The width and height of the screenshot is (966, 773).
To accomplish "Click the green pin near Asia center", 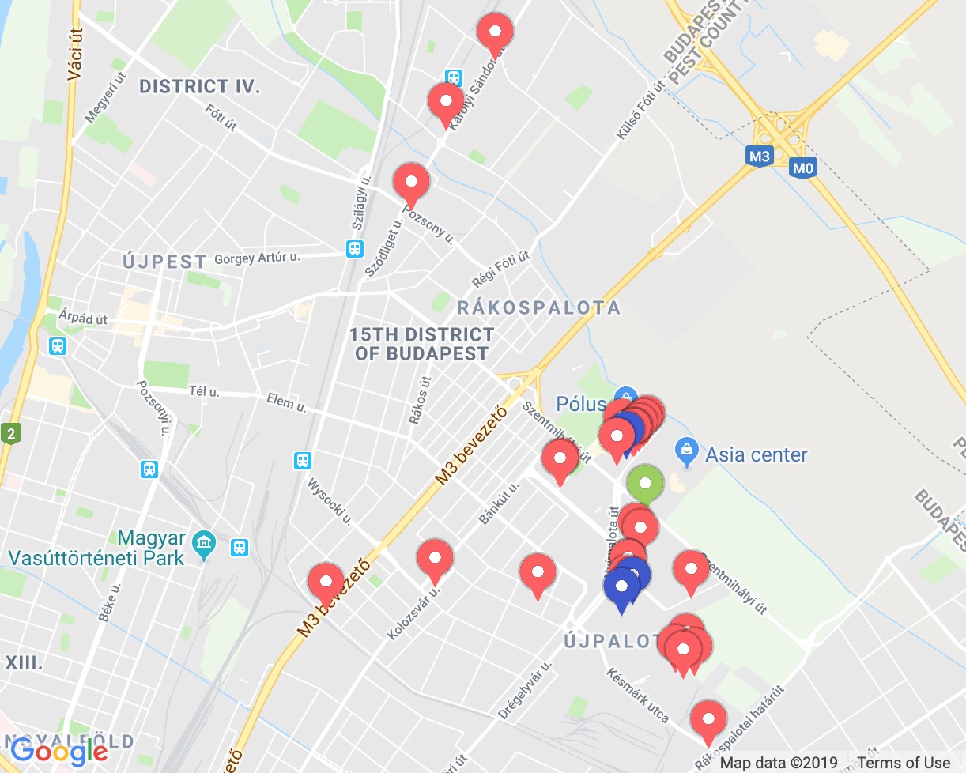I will click(x=645, y=483).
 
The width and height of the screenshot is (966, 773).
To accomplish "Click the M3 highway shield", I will click(x=759, y=156).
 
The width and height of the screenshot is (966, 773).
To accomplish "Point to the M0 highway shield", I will click(x=802, y=168).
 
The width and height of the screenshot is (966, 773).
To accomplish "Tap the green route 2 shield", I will click(x=11, y=433).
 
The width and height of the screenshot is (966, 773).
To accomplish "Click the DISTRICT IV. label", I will click(x=199, y=87).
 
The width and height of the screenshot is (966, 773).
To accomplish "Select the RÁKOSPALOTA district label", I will click(x=538, y=307).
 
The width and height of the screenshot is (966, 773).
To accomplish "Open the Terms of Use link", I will click(x=904, y=763).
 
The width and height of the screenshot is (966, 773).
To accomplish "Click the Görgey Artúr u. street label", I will click(x=258, y=257).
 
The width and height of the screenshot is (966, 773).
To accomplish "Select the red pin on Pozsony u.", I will click(x=411, y=183).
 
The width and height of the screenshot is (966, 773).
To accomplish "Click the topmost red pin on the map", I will click(x=496, y=32).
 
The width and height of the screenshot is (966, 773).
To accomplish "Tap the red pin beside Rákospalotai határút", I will click(x=708, y=720).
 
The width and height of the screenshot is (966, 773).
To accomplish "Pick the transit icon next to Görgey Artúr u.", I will click(x=355, y=249).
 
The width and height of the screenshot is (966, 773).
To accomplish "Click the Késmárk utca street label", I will click(x=638, y=696).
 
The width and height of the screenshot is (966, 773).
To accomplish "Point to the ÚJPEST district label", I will click(x=165, y=261).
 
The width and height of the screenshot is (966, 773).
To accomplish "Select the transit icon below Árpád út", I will click(x=57, y=346).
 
